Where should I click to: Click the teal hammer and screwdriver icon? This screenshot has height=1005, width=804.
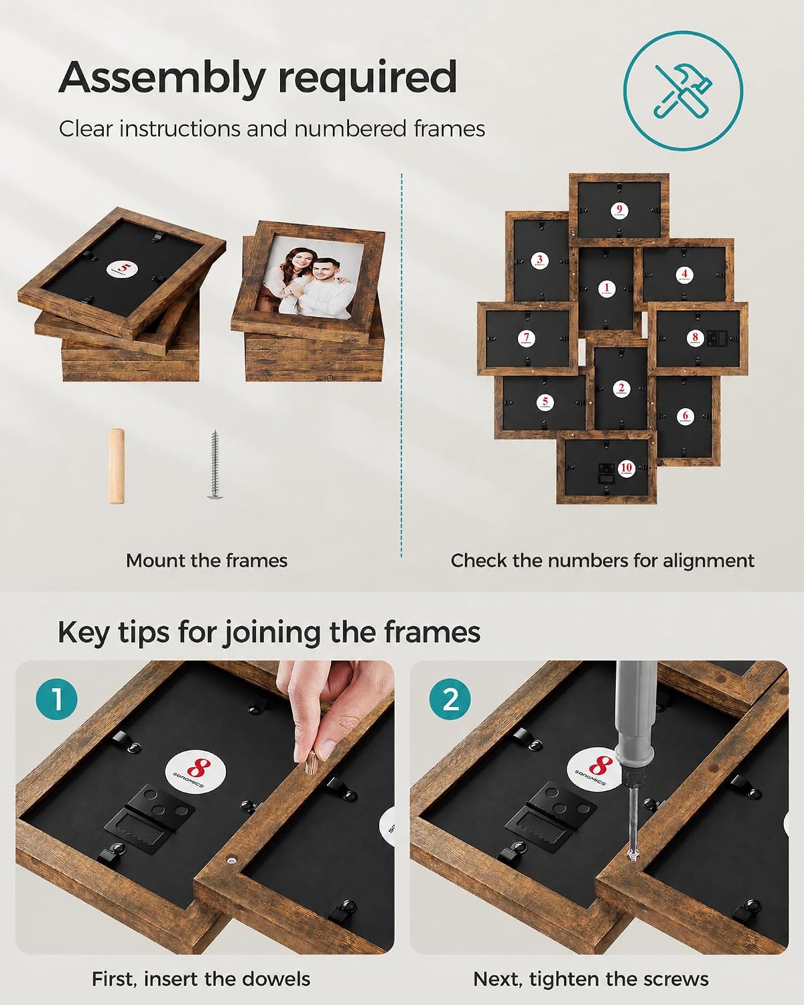point(683,90)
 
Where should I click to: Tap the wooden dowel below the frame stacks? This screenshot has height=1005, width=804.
point(117,466)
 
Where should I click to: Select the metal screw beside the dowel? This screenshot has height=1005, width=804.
point(214,465)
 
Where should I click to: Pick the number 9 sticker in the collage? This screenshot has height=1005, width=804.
point(619,210)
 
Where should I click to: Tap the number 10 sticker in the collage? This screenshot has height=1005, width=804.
point(626,468)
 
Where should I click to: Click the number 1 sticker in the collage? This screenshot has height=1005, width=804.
point(607,289)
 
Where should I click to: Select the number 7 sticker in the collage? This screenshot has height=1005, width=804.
point(527,338)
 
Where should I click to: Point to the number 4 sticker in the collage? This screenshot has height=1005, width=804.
point(684,275)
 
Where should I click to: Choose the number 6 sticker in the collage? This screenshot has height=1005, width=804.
point(685,415)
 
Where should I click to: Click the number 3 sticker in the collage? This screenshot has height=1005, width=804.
point(539,260)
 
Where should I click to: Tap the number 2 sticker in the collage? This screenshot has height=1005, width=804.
point(621,389)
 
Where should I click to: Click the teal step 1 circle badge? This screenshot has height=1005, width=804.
point(56,699)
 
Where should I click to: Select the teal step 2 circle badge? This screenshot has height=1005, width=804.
point(450,699)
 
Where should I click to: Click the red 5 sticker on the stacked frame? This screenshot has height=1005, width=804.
point(122,269)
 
